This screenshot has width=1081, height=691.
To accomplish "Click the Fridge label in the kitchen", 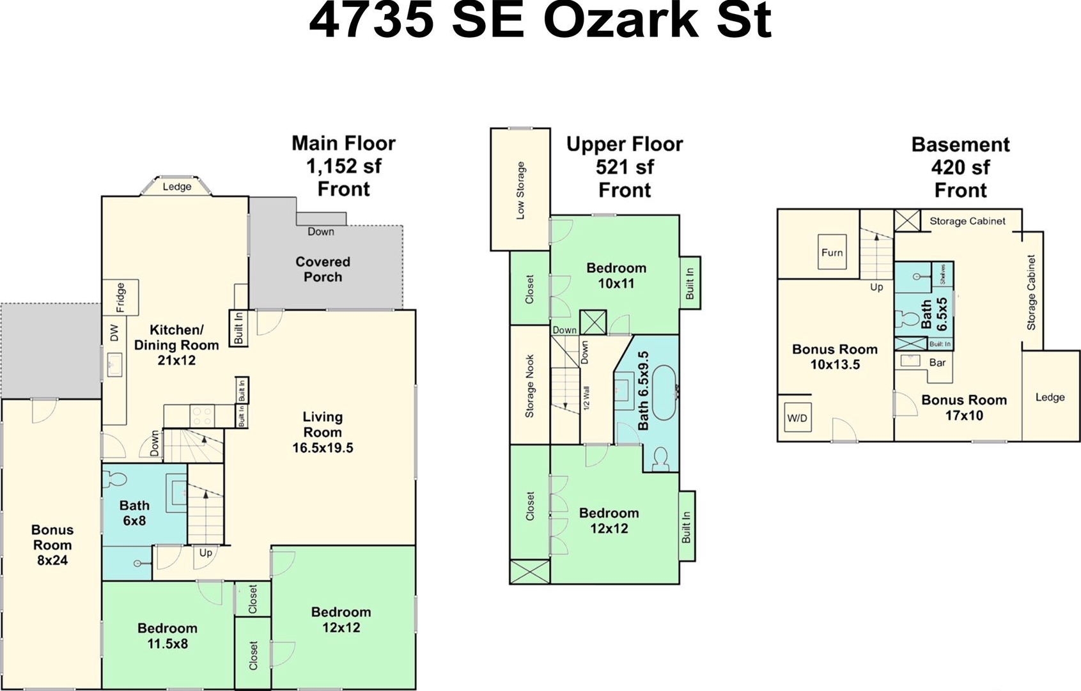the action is pyautogui.click(x=120, y=298).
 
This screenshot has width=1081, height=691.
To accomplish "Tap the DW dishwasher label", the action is pyautogui.click(x=114, y=332).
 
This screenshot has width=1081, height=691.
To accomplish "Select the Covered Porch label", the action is pyautogui.click(x=322, y=269).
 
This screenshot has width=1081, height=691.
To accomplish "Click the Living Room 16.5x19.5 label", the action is pyautogui.click(x=322, y=432).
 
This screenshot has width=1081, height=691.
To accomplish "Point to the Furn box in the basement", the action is pyautogui.click(x=832, y=252).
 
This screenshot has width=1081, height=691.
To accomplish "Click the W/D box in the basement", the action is pyautogui.click(x=797, y=418).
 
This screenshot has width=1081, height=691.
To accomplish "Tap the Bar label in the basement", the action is pyautogui.click(x=937, y=362).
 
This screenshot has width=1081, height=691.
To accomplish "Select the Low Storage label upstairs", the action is pyautogui.click(x=520, y=190).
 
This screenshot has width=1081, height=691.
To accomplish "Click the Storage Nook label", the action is pyautogui.click(x=529, y=385).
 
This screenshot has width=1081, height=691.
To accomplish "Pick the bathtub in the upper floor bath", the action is pyautogui.click(x=665, y=392).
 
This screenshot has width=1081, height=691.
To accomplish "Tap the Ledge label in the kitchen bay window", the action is pyautogui.click(x=176, y=187).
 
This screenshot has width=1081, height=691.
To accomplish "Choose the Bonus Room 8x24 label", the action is pyautogui.click(x=52, y=545).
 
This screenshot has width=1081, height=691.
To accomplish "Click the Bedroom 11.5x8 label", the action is pyautogui.click(x=167, y=635).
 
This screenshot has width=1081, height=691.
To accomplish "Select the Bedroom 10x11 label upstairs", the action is pyautogui.click(x=616, y=276).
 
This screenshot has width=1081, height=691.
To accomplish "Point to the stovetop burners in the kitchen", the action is pyautogui.click(x=203, y=416).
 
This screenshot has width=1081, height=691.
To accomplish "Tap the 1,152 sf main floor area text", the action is pyautogui.click(x=343, y=166).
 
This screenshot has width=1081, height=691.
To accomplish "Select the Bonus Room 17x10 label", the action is pyautogui.click(x=964, y=408).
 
